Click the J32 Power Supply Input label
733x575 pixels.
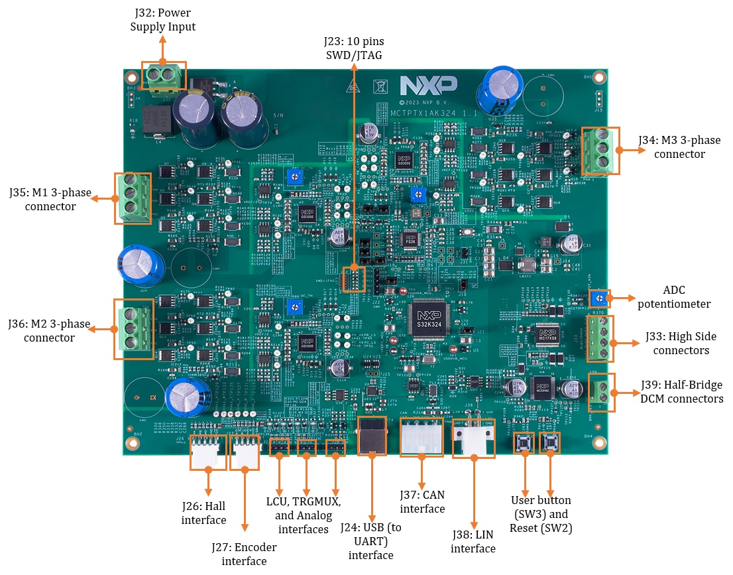[x=163, y=19]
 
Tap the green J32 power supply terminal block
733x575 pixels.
[x=164, y=76]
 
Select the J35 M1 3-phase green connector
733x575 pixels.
[x=133, y=197]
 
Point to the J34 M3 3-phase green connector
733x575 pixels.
[x=600, y=151]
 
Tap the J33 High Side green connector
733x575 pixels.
[x=600, y=338]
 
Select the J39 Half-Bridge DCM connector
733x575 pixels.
[x=601, y=393]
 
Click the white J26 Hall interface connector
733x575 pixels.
[x=207, y=452]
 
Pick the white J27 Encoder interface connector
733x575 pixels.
[x=244, y=452]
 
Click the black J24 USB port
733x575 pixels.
[x=372, y=436]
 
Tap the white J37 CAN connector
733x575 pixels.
[x=422, y=437]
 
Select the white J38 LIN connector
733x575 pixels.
[x=473, y=440]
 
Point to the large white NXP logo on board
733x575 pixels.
[x=428, y=85]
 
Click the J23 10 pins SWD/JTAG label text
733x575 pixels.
[x=353, y=48]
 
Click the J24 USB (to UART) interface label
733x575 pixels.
[x=371, y=541]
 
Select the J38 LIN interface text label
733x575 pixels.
[x=473, y=541]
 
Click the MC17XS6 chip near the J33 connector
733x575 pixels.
[x=547, y=334]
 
